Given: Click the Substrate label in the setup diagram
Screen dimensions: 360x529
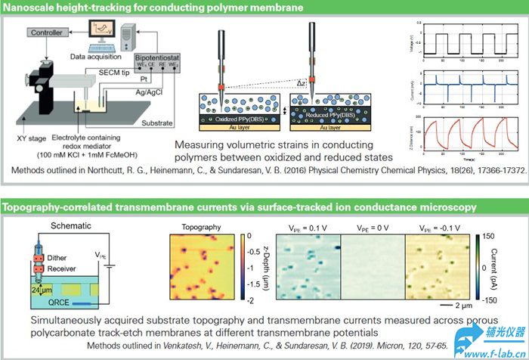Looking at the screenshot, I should click(156, 122).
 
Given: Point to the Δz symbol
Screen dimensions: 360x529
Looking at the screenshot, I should click(300, 81).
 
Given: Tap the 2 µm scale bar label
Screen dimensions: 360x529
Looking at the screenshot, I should click(453, 306).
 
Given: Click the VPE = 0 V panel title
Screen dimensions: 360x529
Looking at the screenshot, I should click(373, 226).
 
